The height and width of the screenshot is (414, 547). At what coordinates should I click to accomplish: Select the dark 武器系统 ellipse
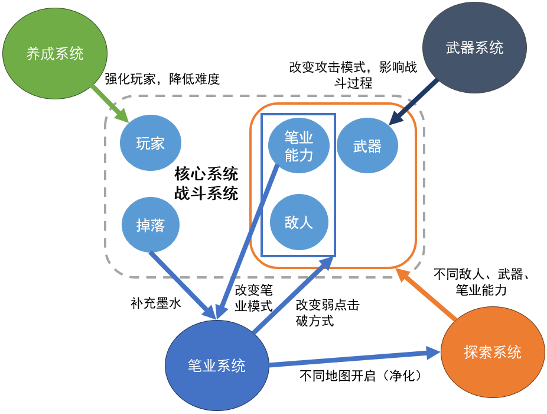point(474,47)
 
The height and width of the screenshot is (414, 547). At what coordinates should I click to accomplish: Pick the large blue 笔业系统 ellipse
point(216,365)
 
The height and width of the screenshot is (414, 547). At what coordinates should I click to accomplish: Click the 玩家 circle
point(150,143)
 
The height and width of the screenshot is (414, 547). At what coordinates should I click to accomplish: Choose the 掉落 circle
point(150,225)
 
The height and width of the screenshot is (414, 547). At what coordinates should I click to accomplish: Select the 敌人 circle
point(298,224)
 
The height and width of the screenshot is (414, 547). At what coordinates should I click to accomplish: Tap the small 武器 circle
point(367,145)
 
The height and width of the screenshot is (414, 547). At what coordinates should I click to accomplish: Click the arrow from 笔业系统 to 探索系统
point(354,358)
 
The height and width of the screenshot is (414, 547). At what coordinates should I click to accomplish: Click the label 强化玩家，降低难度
point(162,79)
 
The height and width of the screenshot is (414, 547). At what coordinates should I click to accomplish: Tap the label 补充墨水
point(155,303)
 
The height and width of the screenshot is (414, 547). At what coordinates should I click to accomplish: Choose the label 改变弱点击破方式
point(327,313)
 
